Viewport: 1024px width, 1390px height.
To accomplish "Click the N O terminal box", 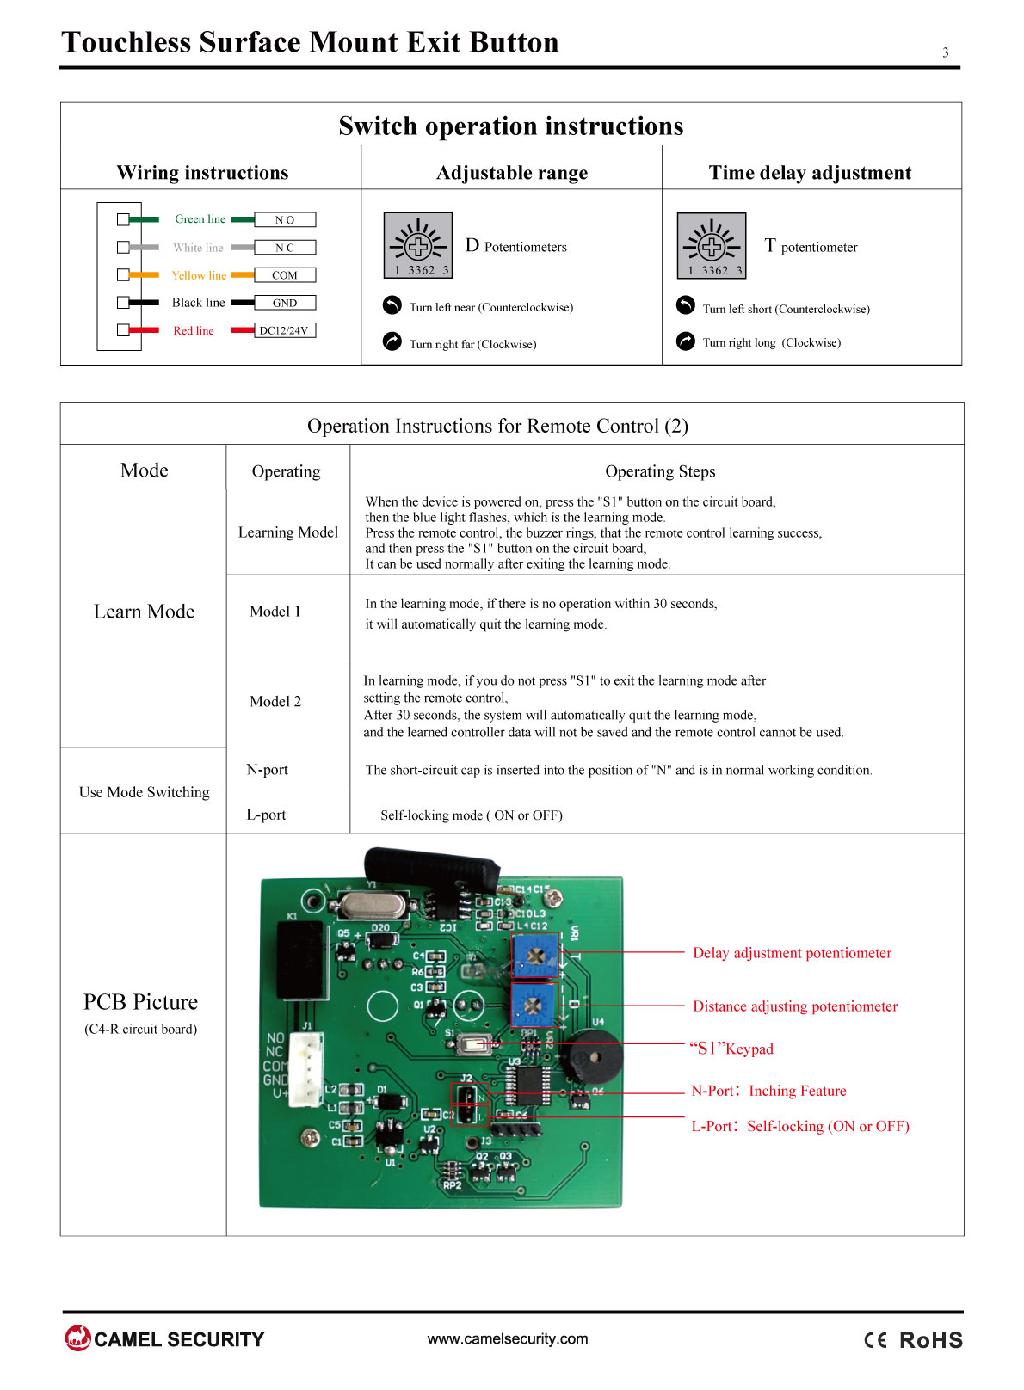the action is (285, 219).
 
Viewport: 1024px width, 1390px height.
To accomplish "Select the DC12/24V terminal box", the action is (285, 331).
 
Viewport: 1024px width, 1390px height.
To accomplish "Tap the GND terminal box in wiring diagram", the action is (285, 303).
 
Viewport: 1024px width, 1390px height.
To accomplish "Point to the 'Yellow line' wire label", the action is (200, 275).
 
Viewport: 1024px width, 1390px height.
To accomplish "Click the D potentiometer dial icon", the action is (418, 245).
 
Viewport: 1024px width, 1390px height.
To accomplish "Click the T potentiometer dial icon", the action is (712, 246).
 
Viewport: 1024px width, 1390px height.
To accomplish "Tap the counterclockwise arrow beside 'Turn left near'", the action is (392, 305).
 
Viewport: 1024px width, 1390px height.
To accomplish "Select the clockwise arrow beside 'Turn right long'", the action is (686, 341).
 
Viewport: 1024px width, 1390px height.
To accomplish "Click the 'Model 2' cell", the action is (275, 702).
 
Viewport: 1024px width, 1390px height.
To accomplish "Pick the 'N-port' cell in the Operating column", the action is (268, 770).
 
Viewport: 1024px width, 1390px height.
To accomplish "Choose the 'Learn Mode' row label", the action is (144, 612).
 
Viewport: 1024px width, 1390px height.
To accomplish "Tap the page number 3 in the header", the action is (946, 52).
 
